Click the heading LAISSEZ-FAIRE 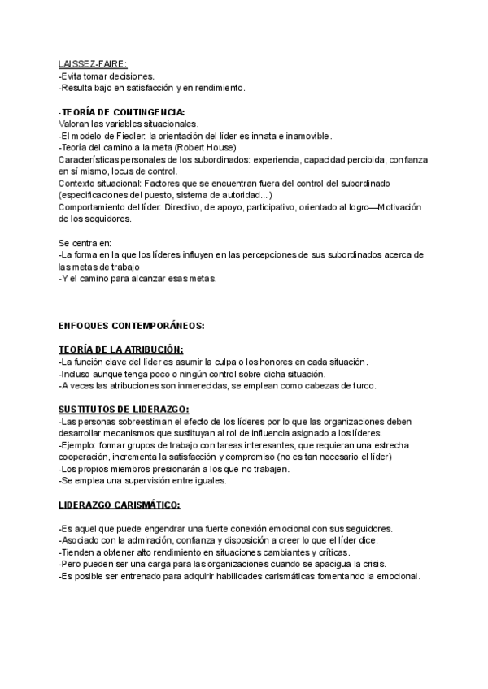[92, 64]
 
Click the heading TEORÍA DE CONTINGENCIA [123, 111]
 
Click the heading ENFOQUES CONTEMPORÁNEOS [131, 326]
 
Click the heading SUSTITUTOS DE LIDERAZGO [124, 409]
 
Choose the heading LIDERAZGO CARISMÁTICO [120, 504]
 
